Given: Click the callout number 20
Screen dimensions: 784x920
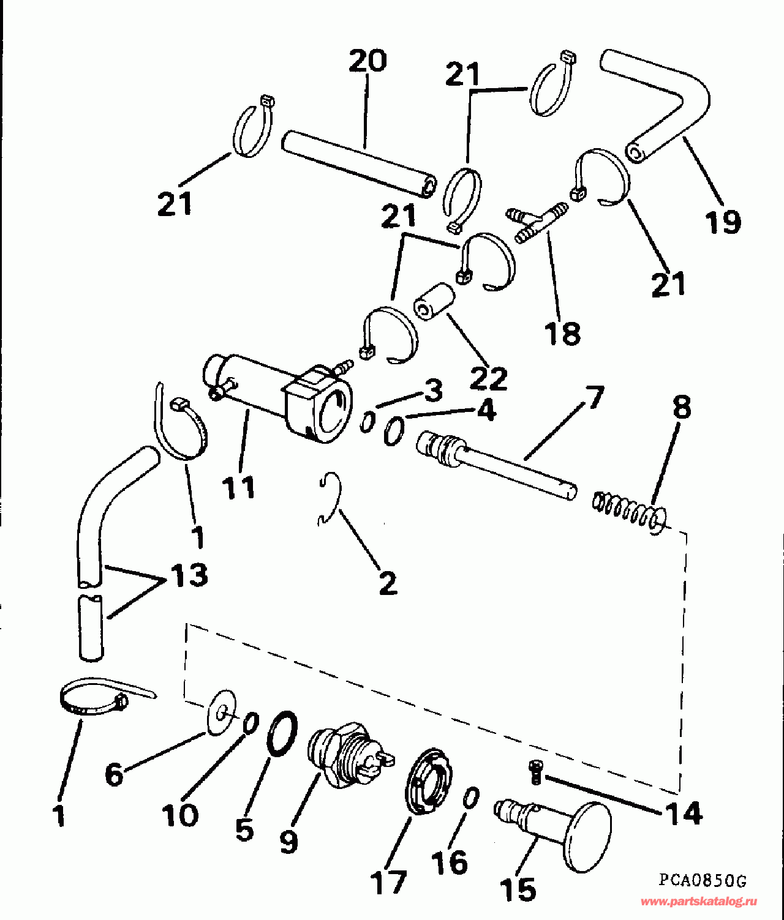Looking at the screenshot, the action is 367,61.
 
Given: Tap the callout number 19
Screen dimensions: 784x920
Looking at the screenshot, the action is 723,221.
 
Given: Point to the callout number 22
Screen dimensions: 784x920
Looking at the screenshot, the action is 489,378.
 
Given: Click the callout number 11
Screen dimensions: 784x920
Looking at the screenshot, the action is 239,487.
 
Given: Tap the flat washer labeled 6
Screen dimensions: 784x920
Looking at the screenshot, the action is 221,712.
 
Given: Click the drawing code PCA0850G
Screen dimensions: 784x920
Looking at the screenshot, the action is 703,881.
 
